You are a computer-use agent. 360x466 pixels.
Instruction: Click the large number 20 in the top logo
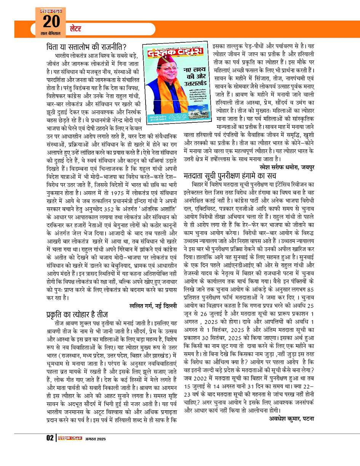tap(50, 22)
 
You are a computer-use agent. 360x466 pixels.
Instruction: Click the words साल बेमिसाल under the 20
tap(50, 34)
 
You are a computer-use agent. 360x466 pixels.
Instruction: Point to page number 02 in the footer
tap(50, 438)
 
